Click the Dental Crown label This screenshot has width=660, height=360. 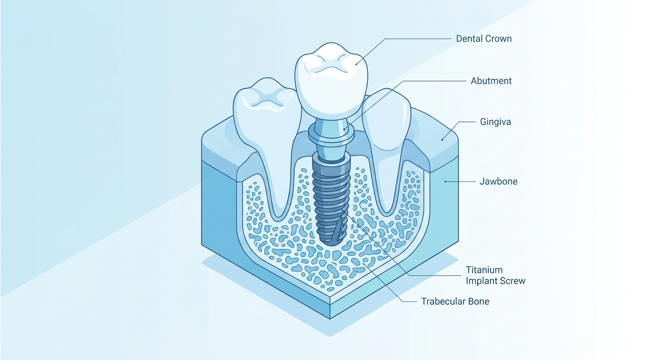(483, 38)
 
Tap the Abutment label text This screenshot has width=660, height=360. (491, 81)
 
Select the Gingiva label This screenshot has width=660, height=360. (495, 122)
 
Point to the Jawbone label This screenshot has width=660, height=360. (498, 181)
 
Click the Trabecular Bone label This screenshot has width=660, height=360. (455, 301)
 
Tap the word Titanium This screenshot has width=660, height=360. (484, 270)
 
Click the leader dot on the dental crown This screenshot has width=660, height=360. (356, 64)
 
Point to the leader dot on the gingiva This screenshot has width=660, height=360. (442, 140)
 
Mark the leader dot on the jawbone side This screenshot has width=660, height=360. (445, 181)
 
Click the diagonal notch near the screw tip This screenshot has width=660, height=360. (337, 230)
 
